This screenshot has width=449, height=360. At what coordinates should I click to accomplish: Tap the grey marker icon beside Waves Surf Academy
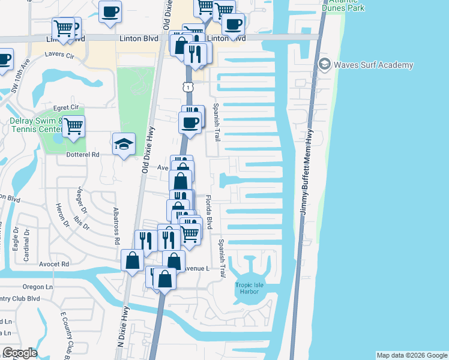325,64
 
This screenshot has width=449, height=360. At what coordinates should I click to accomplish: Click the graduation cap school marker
124,144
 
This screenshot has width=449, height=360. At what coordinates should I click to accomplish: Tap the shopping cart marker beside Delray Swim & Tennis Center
74,127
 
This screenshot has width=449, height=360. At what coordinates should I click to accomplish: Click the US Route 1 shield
188,88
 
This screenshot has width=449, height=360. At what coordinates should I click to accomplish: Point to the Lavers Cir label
59,55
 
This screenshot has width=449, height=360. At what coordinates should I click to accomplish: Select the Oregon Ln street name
38,287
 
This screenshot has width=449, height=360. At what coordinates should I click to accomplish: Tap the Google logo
20,353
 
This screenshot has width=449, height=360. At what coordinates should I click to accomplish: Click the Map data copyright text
411,355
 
